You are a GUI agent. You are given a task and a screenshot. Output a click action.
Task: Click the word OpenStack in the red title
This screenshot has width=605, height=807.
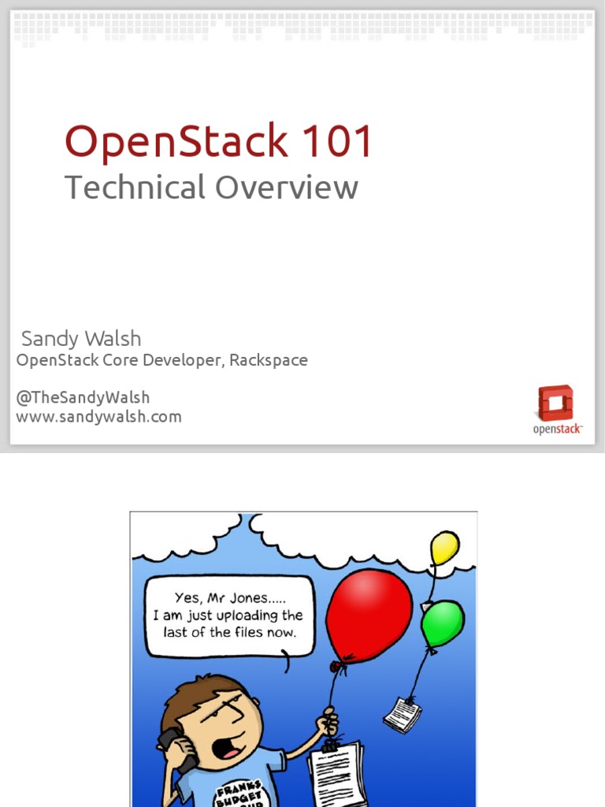point(176,143)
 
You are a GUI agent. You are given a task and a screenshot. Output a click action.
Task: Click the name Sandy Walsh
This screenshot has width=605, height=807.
point(81,339)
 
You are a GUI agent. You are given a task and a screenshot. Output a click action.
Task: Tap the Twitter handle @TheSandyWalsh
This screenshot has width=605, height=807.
point(83,397)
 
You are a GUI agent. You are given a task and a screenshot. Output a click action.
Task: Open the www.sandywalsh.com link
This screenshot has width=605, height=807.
point(98,417)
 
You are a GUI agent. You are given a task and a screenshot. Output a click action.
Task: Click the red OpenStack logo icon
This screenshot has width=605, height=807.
point(555,403)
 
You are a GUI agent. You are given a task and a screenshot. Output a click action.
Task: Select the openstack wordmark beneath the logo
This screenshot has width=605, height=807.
point(558,429)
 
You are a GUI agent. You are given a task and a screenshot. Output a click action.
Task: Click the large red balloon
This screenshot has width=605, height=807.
point(369,615)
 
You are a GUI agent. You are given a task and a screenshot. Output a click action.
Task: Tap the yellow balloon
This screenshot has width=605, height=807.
point(444,547)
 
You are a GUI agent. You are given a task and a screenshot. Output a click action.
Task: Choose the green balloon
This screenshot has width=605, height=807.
point(442,623)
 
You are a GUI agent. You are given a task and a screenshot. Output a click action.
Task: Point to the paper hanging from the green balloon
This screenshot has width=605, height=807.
point(402,714)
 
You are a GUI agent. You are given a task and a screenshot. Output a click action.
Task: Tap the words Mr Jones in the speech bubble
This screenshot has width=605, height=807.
point(236,597)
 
